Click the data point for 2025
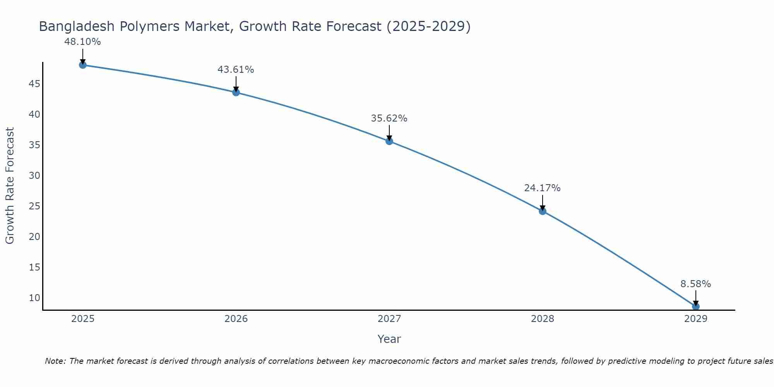[x=82, y=65]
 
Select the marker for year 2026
[x=236, y=92]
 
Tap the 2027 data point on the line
[x=389, y=141]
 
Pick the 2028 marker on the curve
[x=543, y=211]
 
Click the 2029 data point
[x=696, y=307]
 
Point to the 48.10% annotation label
[x=82, y=42]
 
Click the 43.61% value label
[x=236, y=70]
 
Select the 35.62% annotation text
[x=389, y=118]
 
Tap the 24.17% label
[x=542, y=188]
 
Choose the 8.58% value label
[x=695, y=284]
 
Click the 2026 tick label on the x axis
[x=236, y=319]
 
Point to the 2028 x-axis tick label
[x=543, y=319]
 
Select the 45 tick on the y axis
[x=34, y=84]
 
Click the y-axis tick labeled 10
[x=34, y=298]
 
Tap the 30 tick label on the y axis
[x=34, y=176]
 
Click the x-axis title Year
[x=389, y=339]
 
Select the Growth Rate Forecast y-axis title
[x=10, y=185]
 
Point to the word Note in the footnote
[x=55, y=361]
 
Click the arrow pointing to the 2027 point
[x=389, y=132]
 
